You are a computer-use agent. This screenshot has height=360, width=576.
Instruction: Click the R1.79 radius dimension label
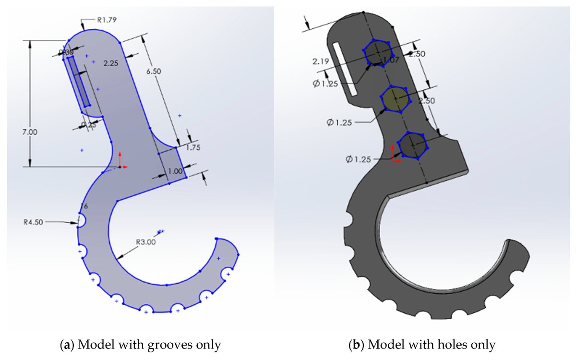point(107,20)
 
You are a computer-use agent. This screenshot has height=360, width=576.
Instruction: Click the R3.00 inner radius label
point(145,242)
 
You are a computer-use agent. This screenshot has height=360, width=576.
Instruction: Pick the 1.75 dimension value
point(192,148)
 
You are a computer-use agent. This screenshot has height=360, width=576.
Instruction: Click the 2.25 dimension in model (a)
point(111,62)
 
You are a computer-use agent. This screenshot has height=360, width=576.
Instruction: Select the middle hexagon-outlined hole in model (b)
point(395,98)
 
